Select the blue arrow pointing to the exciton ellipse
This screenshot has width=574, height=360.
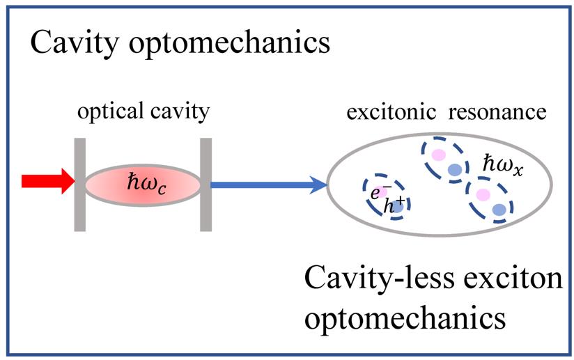point(268,185)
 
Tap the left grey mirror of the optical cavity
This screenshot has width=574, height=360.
point(79,184)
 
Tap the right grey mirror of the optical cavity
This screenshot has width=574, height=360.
point(205,184)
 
